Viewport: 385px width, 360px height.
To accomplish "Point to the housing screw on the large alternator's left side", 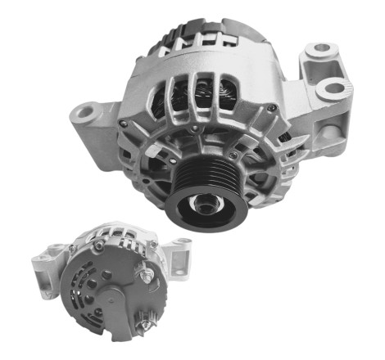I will tap(124, 124).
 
